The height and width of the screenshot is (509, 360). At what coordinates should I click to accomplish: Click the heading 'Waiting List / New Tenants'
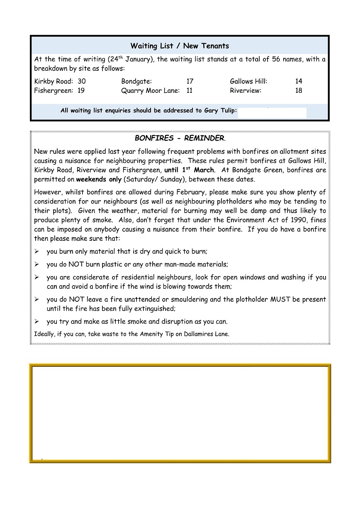180,46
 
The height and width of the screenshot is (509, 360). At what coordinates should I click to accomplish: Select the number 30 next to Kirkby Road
82,81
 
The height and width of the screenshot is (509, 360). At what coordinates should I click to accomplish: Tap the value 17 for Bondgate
190,81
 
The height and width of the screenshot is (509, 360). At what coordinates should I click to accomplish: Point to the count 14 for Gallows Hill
299,81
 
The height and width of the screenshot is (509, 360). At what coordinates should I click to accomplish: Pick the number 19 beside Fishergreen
80,90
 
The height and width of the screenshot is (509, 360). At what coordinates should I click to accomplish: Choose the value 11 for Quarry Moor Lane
189,90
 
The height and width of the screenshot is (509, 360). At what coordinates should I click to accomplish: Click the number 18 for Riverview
299,90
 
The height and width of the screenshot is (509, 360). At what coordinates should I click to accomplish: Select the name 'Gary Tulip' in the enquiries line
219,111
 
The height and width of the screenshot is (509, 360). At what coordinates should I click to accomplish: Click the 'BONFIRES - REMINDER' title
179,138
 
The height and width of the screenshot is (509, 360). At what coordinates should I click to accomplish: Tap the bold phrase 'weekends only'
99,179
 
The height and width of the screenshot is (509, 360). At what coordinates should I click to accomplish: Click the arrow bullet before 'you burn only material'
36,252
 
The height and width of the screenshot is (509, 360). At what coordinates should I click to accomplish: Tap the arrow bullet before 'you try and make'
36,322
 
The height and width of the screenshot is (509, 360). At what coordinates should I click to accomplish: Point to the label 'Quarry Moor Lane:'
150,90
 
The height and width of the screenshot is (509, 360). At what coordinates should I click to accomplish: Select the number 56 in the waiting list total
276,59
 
